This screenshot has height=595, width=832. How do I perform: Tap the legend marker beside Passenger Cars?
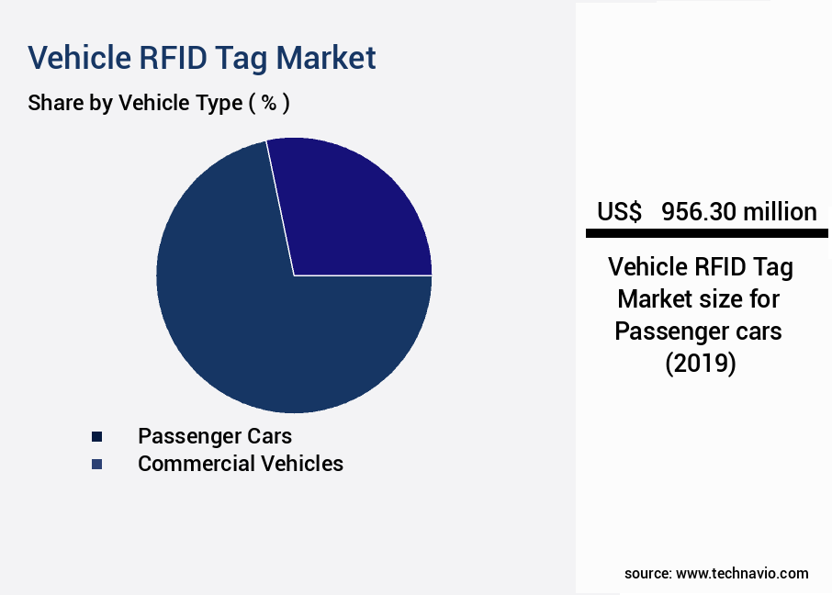96,436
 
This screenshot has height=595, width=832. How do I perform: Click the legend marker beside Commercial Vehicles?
96,465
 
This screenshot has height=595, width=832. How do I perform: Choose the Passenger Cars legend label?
215,435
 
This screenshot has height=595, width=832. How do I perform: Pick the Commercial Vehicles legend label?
240,464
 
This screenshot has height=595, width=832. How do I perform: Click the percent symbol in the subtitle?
268,103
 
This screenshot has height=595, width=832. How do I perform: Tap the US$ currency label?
619,212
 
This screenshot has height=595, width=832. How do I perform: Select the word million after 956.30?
781,212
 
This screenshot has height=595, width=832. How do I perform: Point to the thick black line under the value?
706,234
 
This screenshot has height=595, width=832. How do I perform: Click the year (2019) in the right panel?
700,363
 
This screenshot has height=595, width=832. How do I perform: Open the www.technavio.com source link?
742,573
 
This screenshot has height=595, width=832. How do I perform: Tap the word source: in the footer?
647,573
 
